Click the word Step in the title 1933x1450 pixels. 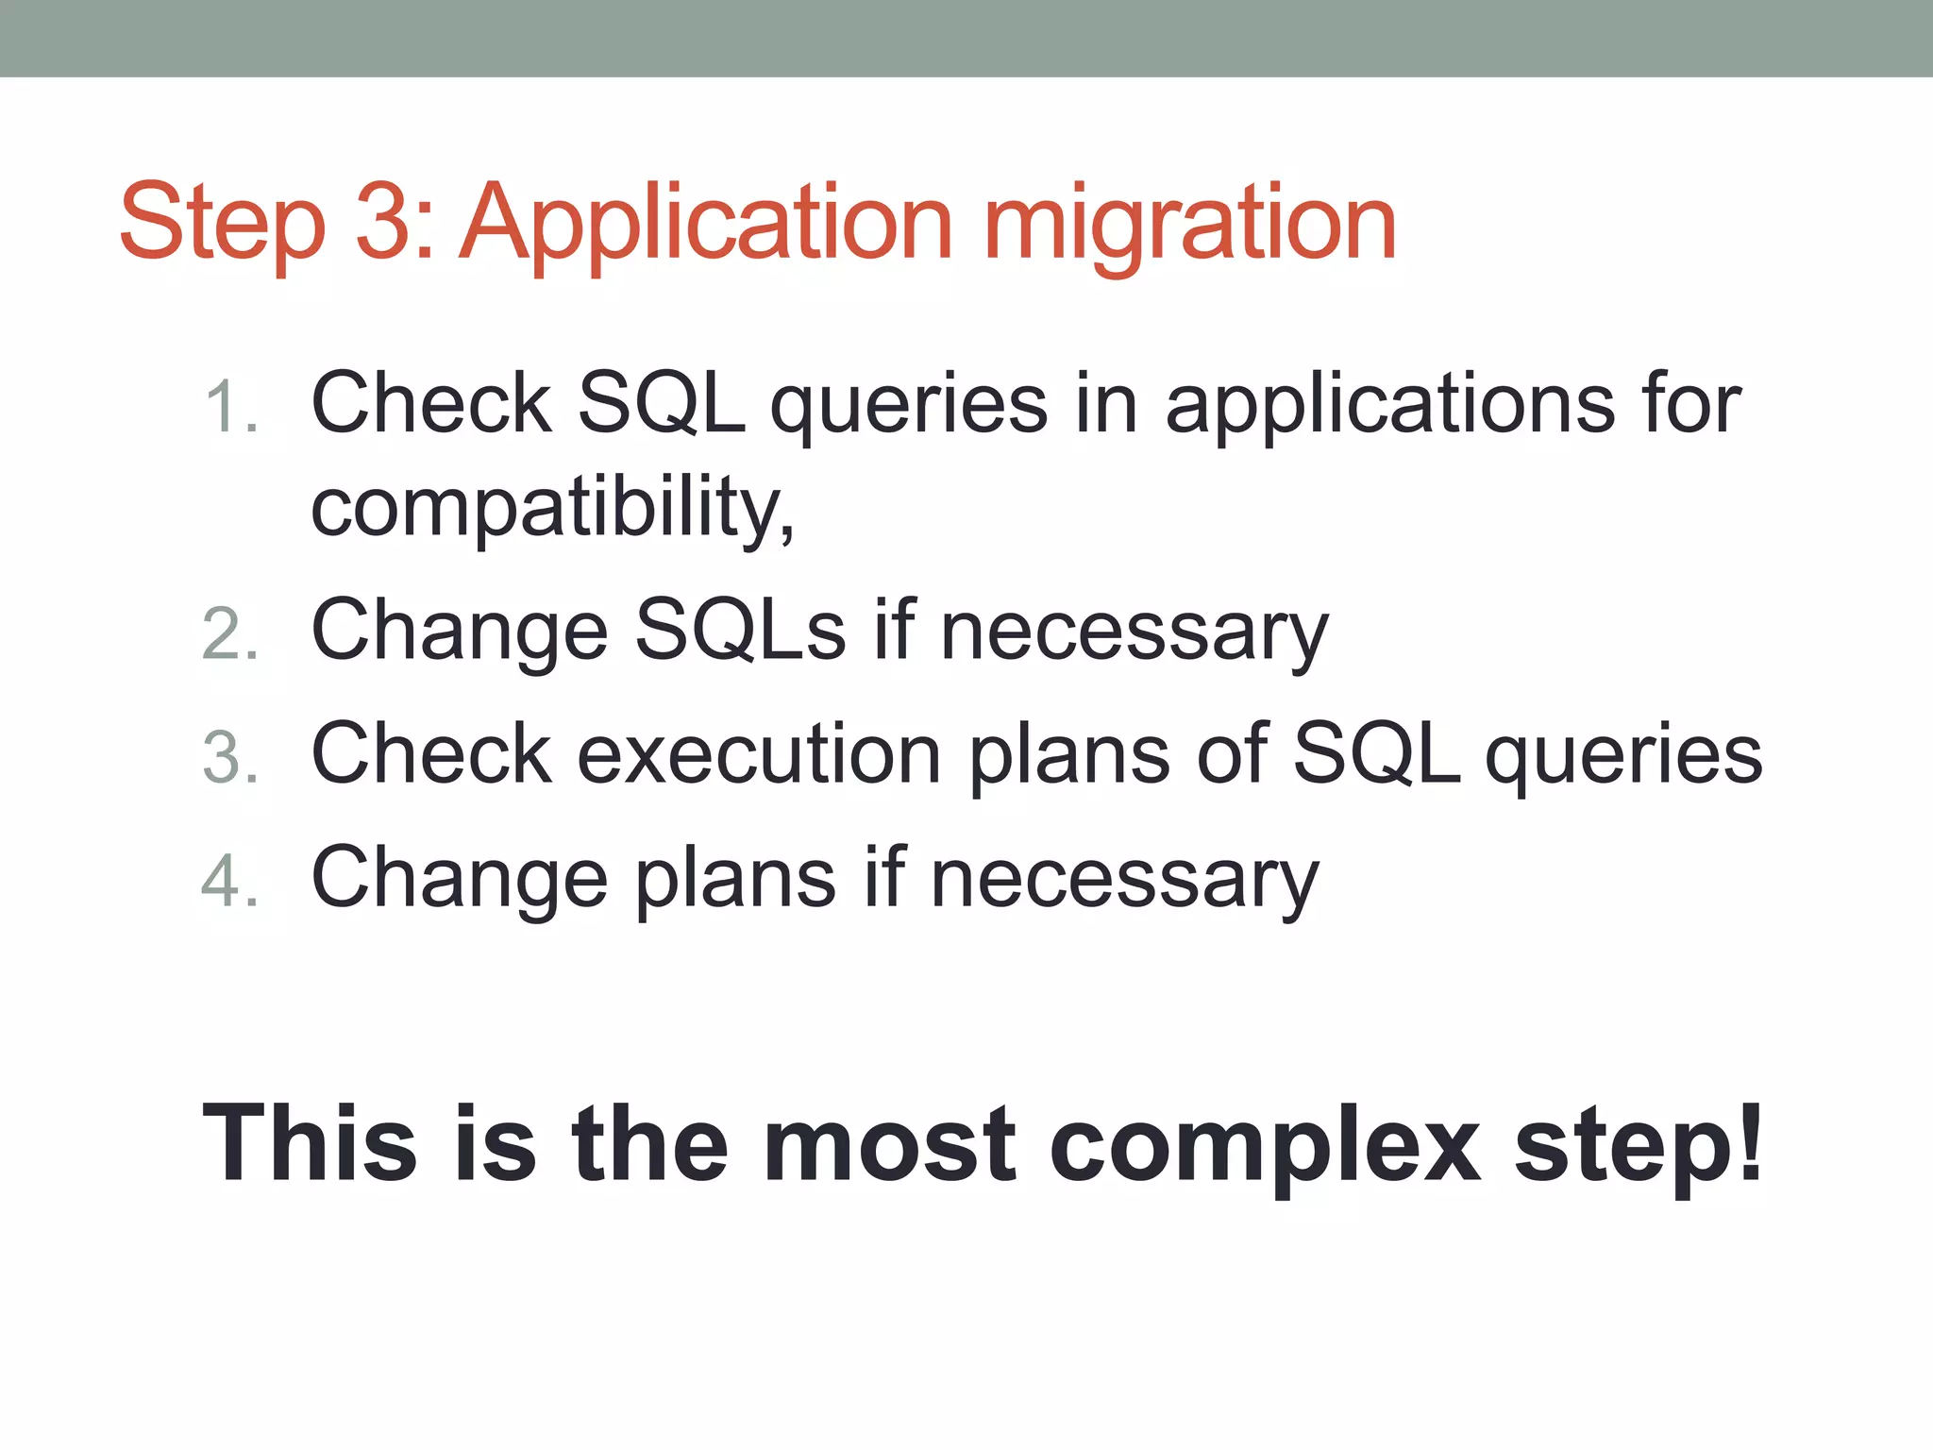(223, 224)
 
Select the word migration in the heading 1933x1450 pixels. (1189, 224)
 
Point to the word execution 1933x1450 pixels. (759, 754)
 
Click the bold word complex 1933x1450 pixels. (1265, 1144)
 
